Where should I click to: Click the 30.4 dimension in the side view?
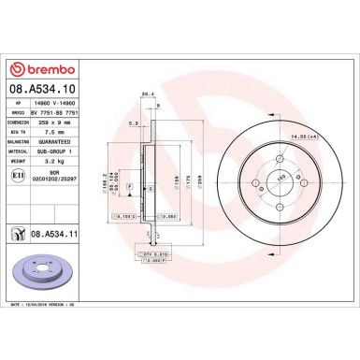click(x=145, y=94)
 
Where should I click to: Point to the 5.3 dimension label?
click(x=134, y=122)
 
